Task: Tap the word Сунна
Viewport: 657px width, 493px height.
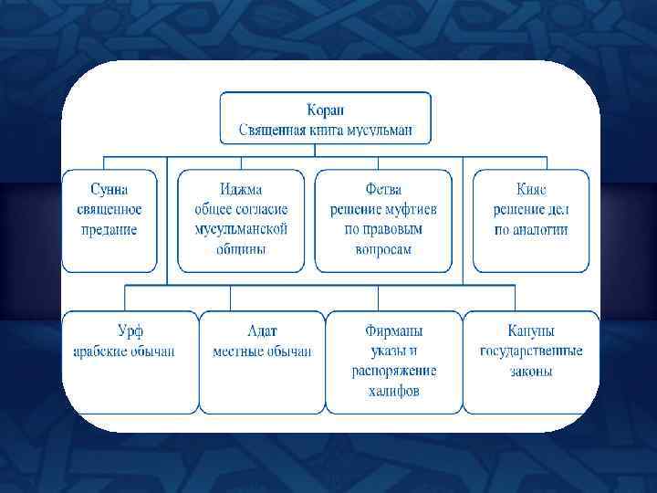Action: (109, 190)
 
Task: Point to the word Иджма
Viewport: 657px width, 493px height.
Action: (241, 190)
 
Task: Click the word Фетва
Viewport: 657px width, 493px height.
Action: (383, 190)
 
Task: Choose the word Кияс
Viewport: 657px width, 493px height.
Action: (531, 190)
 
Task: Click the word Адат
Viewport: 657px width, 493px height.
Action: (262, 330)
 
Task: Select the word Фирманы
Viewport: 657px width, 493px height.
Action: (394, 330)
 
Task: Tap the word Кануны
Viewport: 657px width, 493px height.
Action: (531, 330)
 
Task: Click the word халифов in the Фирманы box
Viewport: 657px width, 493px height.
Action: (394, 391)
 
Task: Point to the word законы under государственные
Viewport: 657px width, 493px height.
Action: (531, 371)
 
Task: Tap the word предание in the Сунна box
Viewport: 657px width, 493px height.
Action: (109, 229)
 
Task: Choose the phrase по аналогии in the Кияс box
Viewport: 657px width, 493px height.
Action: (531, 229)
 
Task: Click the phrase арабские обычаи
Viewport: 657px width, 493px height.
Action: (125, 351)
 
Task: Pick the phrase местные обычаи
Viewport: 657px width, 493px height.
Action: (262, 351)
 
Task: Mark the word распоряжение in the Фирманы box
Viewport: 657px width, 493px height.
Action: (394, 371)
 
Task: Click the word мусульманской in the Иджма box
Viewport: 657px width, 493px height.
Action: (241, 229)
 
